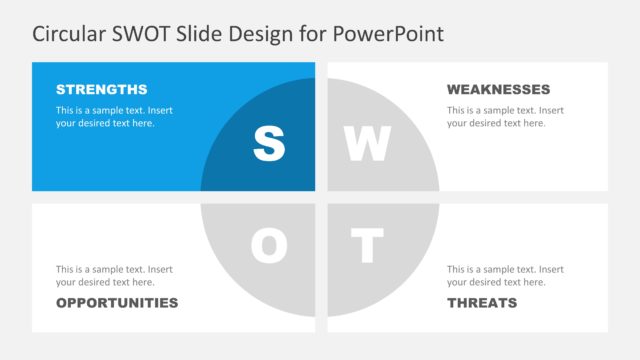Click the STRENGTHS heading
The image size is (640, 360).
tap(101, 89)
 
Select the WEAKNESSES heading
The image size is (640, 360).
tap(498, 89)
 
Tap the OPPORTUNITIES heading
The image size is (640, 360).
tap(117, 302)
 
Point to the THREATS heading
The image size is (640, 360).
tap(482, 302)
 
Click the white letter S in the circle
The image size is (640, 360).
tap(268, 145)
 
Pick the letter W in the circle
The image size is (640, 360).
tap(367, 145)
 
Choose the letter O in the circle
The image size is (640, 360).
tap(268, 246)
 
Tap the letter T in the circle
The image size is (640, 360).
tap(368, 246)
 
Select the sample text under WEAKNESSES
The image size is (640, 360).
tap(505, 116)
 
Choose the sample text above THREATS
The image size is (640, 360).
tap(505, 275)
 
